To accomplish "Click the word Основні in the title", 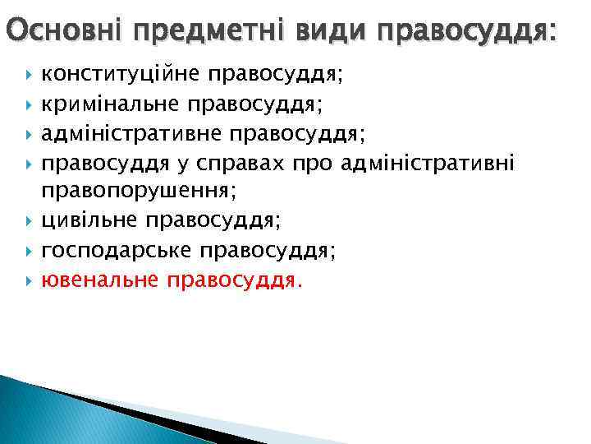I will (62, 33).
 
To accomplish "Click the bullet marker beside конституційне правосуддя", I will (30, 76).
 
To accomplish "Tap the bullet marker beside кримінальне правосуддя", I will (30, 104).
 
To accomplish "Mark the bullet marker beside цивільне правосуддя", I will (30, 221).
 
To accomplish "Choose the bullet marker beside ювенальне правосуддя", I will (30, 280).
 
